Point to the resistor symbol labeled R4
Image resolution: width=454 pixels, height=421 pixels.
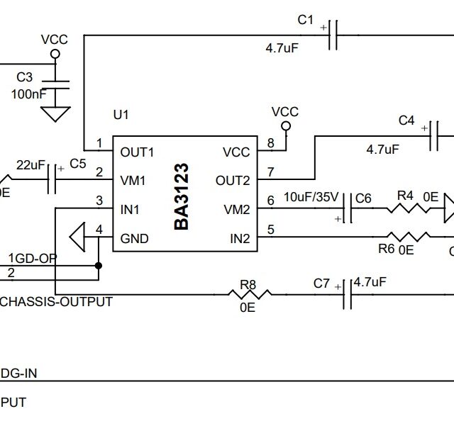coord(406,209)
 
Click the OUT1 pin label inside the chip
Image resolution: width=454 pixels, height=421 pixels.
coord(137,152)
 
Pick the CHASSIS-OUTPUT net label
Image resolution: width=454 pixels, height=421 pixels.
coord(56,302)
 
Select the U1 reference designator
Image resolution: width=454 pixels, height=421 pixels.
coord(121,114)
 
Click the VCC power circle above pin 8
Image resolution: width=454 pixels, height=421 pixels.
coord(286,127)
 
